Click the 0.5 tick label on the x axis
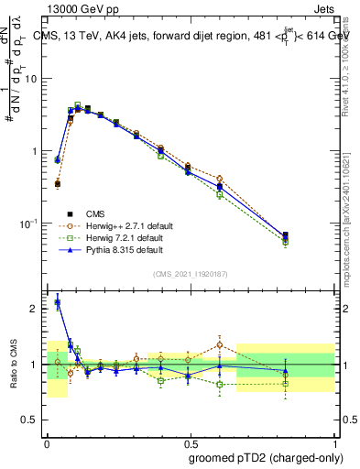pyautogui.click(x=190, y=441)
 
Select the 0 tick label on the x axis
pyautogui.click(x=47, y=441)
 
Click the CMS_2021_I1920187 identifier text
pyautogui.click(x=191, y=274)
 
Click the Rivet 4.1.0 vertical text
pyautogui.click(x=345, y=64)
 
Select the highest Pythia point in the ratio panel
pyautogui.click(x=58, y=302)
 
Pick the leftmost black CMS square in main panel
pyautogui.click(x=58, y=184)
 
